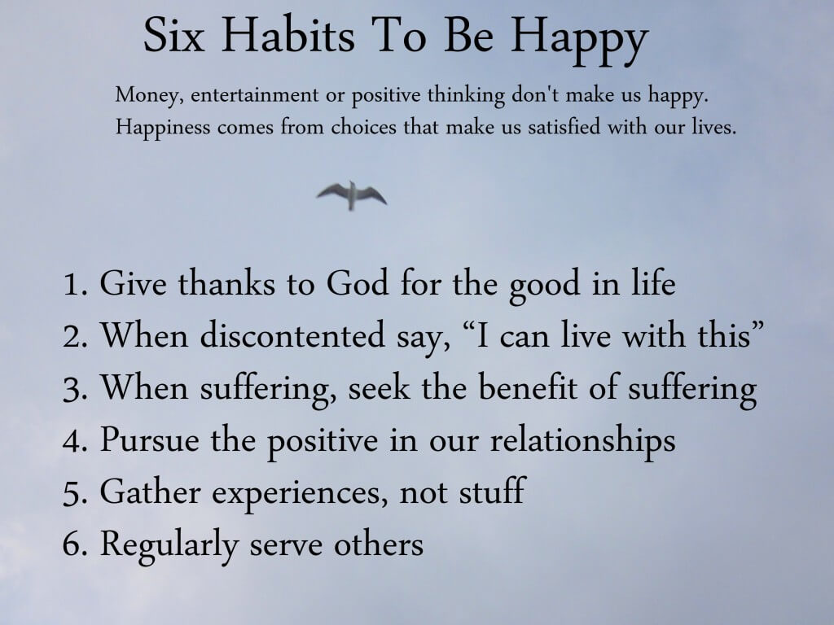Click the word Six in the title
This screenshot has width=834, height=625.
click(x=174, y=35)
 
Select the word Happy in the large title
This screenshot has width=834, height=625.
click(x=579, y=41)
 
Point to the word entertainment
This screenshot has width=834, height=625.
click(x=254, y=95)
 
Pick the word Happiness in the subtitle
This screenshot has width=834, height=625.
click(x=163, y=128)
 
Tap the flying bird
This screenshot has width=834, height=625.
click(x=352, y=195)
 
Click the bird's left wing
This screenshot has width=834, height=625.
click(x=333, y=190)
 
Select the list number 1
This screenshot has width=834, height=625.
click(x=74, y=284)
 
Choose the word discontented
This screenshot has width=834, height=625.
click(x=292, y=335)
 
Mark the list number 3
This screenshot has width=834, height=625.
click(x=74, y=388)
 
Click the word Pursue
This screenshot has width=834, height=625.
click(x=150, y=439)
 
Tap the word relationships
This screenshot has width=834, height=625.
click(x=582, y=440)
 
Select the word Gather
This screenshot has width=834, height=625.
click(x=150, y=491)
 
